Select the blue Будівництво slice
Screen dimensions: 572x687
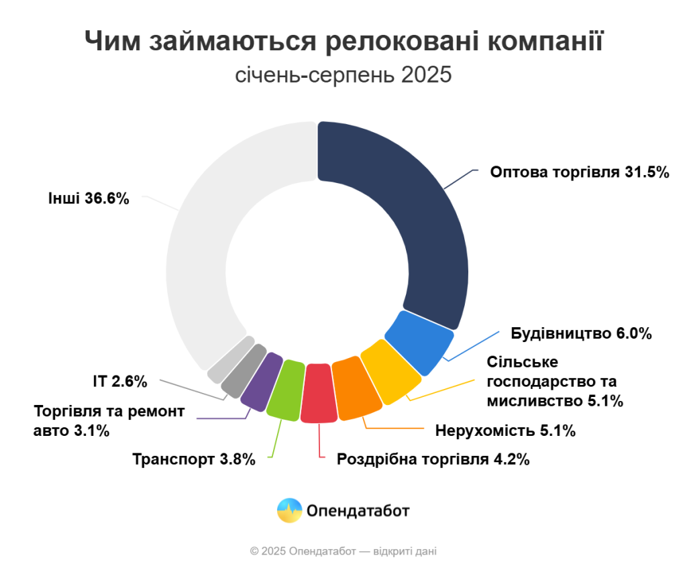pyautogui.click(x=419, y=341)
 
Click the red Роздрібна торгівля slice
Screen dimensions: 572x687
pyautogui.click(x=319, y=394)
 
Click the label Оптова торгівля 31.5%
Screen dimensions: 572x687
pyautogui.click(x=580, y=172)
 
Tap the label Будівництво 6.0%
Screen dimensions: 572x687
pyautogui.click(x=582, y=333)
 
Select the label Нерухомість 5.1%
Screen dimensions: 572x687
pyautogui.click(x=505, y=431)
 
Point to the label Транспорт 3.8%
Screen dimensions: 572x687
pyautogui.click(x=194, y=459)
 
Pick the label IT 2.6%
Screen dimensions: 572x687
pyautogui.click(x=119, y=382)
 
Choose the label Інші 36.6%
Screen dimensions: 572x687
pyautogui.click(x=88, y=199)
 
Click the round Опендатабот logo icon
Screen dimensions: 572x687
pyautogui.click(x=289, y=511)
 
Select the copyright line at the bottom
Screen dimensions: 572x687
pyautogui.click(x=343, y=551)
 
